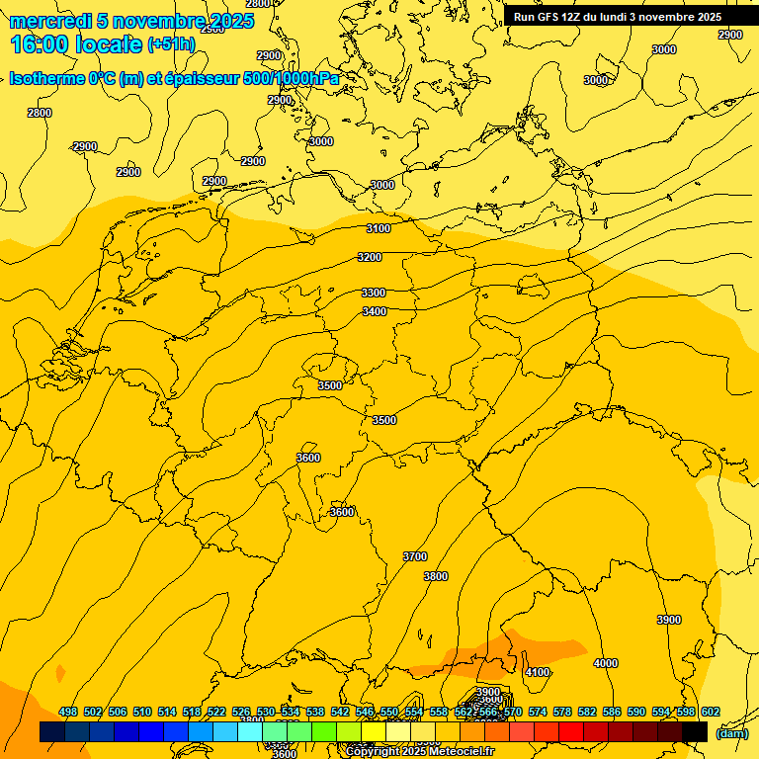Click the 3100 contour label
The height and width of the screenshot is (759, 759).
click(379, 228)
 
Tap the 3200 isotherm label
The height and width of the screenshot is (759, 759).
click(370, 257)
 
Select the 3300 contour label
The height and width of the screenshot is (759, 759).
click(374, 293)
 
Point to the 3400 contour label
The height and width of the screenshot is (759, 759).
click(375, 311)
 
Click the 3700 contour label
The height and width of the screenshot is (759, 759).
click(415, 556)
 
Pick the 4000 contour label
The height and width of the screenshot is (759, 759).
click(606, 663)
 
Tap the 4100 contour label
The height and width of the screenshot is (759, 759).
click(538, 672)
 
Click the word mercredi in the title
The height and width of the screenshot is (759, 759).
click(49, 21)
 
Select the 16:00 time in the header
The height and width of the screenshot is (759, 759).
click(40, 44)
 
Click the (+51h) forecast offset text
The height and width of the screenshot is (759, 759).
click(171, 44)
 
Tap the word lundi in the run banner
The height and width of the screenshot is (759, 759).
click(610, 17)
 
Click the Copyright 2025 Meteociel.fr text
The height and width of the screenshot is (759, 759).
click(420, 752)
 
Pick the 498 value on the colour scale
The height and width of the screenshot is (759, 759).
click(68, 712)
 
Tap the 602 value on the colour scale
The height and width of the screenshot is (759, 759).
click(711, 712)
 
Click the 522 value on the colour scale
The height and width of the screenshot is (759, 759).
click(216, 712)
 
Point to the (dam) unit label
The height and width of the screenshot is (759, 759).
click(732, 732)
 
